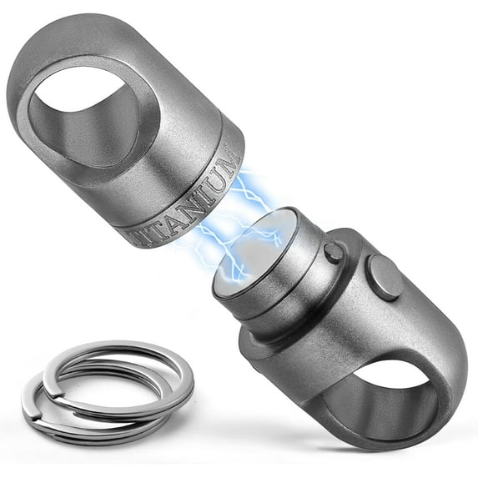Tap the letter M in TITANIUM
[229, 161]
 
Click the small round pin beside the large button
[333, 253]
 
